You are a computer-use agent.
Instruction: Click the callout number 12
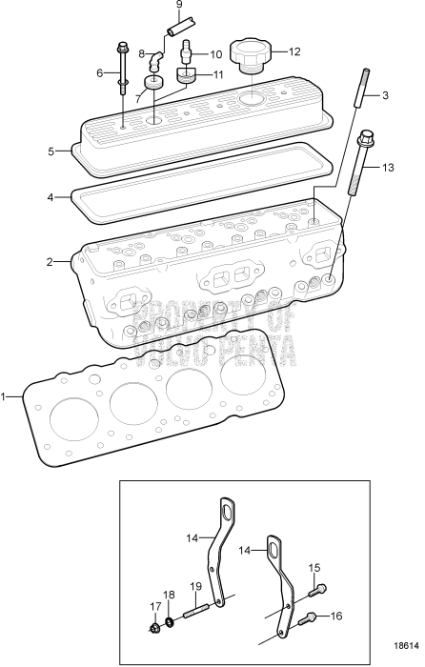coord(293,52)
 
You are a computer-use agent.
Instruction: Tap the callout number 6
coord(100,72)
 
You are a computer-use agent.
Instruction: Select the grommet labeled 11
coord(184,76)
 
